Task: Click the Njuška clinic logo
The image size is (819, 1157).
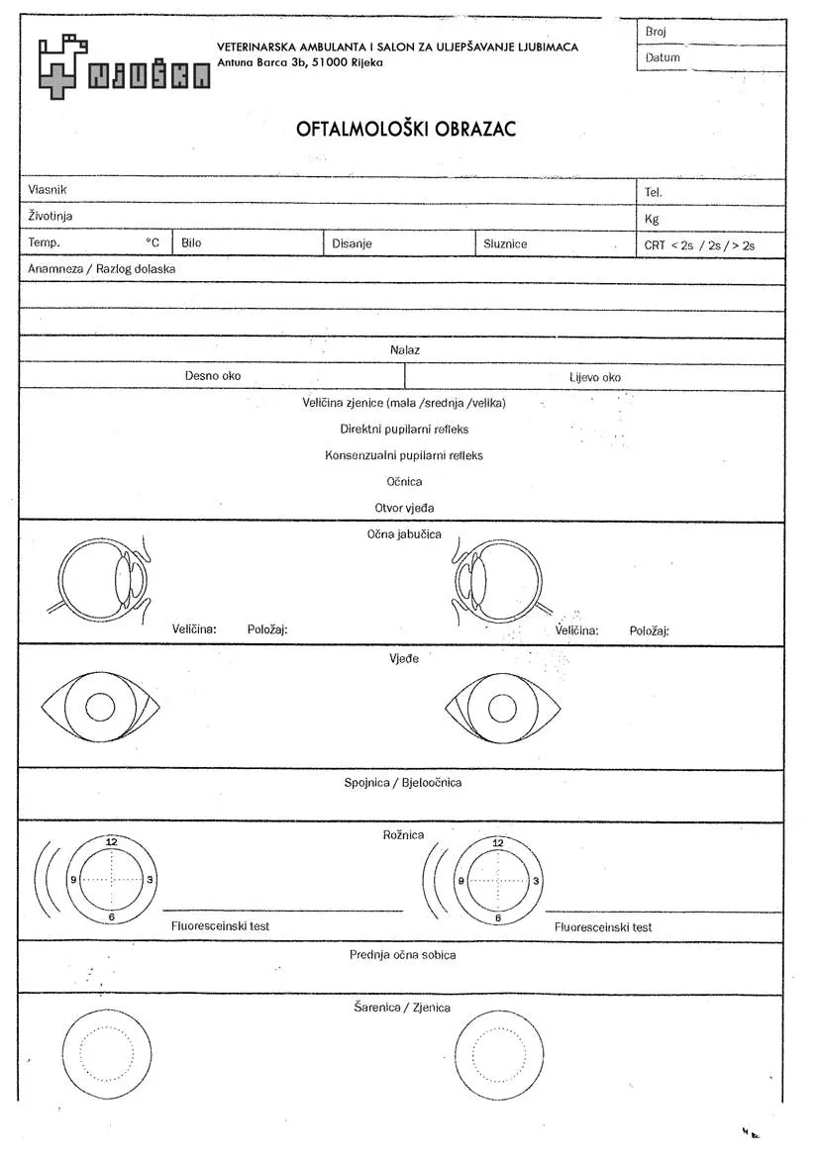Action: click(x=124, y=66)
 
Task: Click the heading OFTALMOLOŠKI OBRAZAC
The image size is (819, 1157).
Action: click(x=406, y=130)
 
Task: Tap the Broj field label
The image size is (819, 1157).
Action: click(x=656, y=32)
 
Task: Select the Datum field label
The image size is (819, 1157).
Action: click(x=663, y=58)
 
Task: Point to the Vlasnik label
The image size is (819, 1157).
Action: click(x=48, y=189)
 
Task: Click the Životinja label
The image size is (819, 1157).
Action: click(x=51, y=216)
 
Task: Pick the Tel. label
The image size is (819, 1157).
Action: click(x=654, y=192)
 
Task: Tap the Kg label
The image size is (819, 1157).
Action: click(x=652, y=219)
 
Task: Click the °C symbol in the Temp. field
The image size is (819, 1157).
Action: click(x=153, y=242)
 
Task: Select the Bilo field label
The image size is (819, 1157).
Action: click(x=191, y=242)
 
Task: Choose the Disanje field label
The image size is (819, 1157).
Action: click(x=352, y=243)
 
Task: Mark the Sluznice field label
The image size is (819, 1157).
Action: click(x=505, y=243)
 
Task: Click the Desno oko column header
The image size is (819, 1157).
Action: click(x=212, y=376)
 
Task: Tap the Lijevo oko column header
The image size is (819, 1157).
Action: click(x=595, y=377)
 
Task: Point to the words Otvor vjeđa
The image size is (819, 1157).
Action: click(x=404, y=508)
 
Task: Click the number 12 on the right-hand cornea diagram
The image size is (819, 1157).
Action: click(x=497, y=843)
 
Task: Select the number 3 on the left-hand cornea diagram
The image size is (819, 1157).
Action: click(x=150, y=880)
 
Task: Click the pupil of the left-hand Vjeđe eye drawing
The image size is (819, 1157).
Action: click(x=100, y=707)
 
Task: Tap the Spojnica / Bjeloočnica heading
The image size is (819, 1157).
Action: click(x=402, y=783)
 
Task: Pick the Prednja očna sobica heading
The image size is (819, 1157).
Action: click(x=402, y=955)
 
